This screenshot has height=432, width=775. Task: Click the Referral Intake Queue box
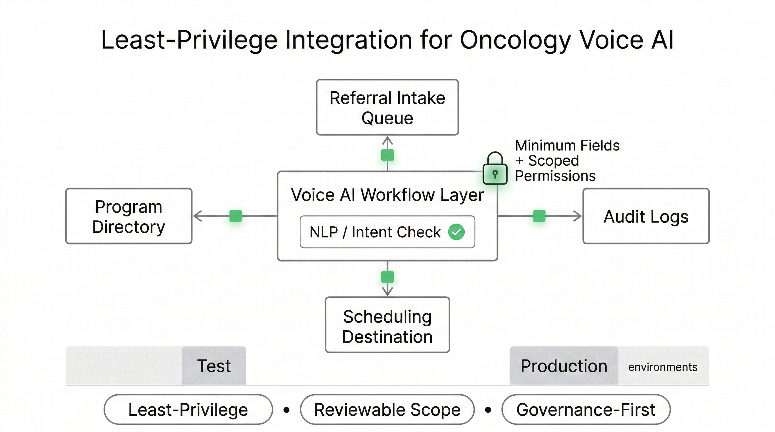[387, 107]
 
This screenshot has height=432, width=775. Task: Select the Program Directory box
[129, 216]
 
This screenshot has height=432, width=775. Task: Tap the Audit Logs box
[646, 216]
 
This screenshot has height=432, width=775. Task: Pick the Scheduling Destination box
[387, 325]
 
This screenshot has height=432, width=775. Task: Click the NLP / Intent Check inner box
[375, 232]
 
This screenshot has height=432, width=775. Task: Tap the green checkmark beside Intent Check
[456, 232]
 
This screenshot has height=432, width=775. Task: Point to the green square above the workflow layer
[387, 155]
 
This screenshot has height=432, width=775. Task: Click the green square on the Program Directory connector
[235, 216]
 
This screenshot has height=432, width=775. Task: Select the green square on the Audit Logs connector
[539, 216]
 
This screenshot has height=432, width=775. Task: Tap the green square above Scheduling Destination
[387, 277]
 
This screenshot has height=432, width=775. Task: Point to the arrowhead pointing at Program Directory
[197, 216]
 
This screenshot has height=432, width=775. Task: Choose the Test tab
[214, 366]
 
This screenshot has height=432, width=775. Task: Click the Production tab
[564, 366]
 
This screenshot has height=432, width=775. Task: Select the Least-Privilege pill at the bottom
[188, 409]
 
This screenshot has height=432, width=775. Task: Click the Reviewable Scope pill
[387, 409]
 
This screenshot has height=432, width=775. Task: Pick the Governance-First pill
[586, 409]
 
